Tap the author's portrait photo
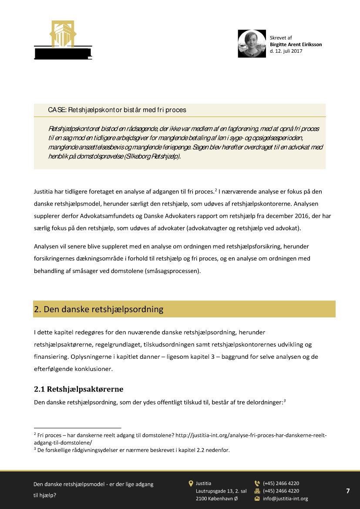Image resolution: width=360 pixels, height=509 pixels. pyautogui.click(x=252, y=44)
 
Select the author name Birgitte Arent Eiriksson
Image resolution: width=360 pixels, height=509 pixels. pyautogui.click(x=296, y=44)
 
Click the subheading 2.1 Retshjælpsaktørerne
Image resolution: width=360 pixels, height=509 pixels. pyautogui.click(x=79, y=388)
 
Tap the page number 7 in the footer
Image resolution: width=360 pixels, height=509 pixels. pyautogui.click(x=348, y=491)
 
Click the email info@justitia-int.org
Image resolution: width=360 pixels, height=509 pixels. pyautogui.click(x=285, y=499)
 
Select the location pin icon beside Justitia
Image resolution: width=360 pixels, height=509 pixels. pyautogui.click(x=191, y=483)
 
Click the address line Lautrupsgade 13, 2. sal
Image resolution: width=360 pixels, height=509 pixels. pyautogui.click(x=221, y=491)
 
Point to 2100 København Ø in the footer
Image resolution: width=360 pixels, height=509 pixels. pyautogui.click(x=217, y=499)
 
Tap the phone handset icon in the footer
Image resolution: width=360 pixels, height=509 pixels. pyautogui.click(x=257, y=483)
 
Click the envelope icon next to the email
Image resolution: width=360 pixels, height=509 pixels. pyautogui.click(x=257, y=499)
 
